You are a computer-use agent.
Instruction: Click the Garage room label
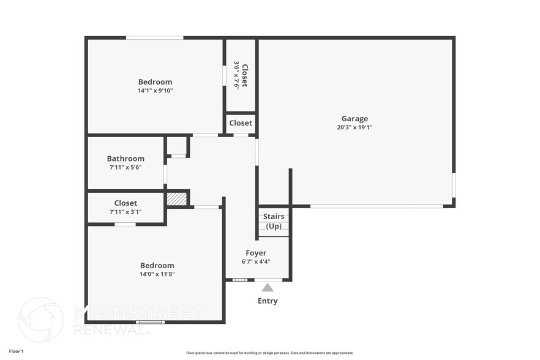[354, 119]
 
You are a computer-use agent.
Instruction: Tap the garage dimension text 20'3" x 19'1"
[354, 127]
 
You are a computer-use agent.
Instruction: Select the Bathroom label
[126, 159]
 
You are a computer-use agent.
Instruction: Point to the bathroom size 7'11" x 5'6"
[126, 167]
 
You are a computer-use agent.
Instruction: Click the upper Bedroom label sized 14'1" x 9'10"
[155, 82]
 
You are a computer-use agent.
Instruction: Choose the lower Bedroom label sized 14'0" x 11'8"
[157, 266]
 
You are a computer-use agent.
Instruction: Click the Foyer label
[256, 253]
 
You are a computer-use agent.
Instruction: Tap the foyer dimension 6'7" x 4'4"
[256, 261]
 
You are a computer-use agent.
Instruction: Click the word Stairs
[273, 216]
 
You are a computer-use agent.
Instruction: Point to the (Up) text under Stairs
[273, 226]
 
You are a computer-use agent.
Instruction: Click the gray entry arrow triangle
[268, 287]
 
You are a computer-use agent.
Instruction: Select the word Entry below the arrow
[268, 301]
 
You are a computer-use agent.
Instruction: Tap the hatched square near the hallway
[176, 198]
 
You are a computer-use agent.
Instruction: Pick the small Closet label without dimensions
[241, 123]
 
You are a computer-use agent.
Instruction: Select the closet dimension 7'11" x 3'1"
[126, 212]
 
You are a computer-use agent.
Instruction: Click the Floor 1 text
[16, 351]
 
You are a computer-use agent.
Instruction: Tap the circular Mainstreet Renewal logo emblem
[40, 320]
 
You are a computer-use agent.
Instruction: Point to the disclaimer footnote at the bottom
[269, 353]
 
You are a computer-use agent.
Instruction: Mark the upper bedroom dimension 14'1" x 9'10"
[155, 91]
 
